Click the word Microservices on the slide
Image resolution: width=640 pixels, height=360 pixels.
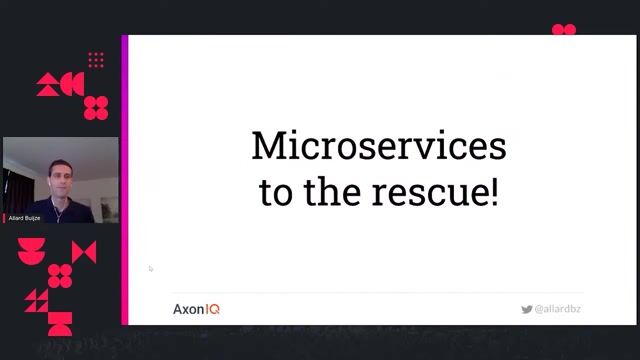[x=378, y=146]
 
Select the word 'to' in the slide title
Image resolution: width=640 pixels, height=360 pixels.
[x=276, y=191]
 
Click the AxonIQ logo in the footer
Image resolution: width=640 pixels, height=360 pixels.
[x=196, y=309]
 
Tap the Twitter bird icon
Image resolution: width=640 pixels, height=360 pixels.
[x=526, y=310]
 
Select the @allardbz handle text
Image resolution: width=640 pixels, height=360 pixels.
[x=558, y=310]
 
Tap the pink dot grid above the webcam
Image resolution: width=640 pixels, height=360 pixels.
[x=96, y=60]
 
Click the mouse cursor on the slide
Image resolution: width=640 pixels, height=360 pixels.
[x=151, y=268]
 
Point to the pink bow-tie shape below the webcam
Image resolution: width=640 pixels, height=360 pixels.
[x=84, y=252]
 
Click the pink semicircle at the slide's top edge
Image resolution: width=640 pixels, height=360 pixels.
[x=564, y=30]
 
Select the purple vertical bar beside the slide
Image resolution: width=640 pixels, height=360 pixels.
[x=125, y=180]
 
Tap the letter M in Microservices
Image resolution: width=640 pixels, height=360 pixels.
[x=265, y=146]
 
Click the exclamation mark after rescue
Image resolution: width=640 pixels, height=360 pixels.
[x=493, y=191]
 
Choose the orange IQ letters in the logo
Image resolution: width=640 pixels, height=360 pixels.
[x=212, y=309]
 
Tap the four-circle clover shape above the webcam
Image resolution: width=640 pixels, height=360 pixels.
[x=96, y=107]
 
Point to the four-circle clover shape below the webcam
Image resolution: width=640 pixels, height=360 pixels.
[x=60, y=275]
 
